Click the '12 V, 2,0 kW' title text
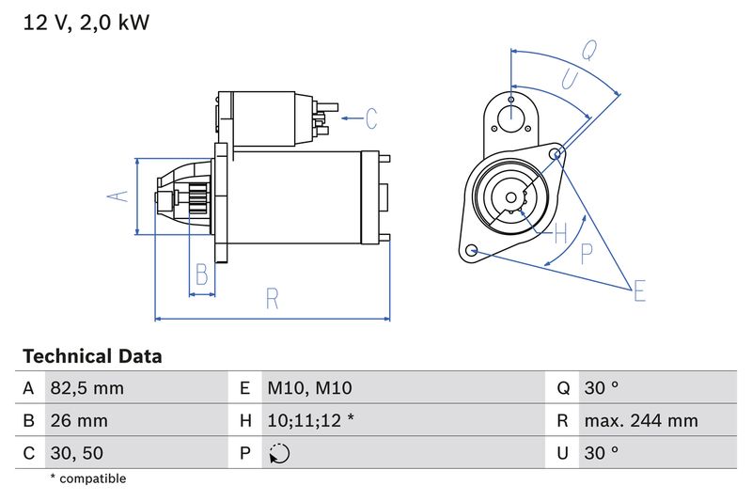(86, 22)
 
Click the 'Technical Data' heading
(92, 356)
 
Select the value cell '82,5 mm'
(87, 388)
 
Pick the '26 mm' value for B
(80, 420)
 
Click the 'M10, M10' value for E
(309, 388)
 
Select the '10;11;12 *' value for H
(310, 420)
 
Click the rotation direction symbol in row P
(279, 453)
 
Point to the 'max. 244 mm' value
(640, 420)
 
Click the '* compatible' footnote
(87, 478)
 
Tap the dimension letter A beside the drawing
(117, 196)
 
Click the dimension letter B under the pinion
(200, 275)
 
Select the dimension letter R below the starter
(272, 299)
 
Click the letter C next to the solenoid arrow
(371, 118)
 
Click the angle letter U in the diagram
(569, 80)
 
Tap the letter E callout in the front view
(639, 291)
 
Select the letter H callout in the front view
(561, 232)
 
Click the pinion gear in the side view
(198, 200)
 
